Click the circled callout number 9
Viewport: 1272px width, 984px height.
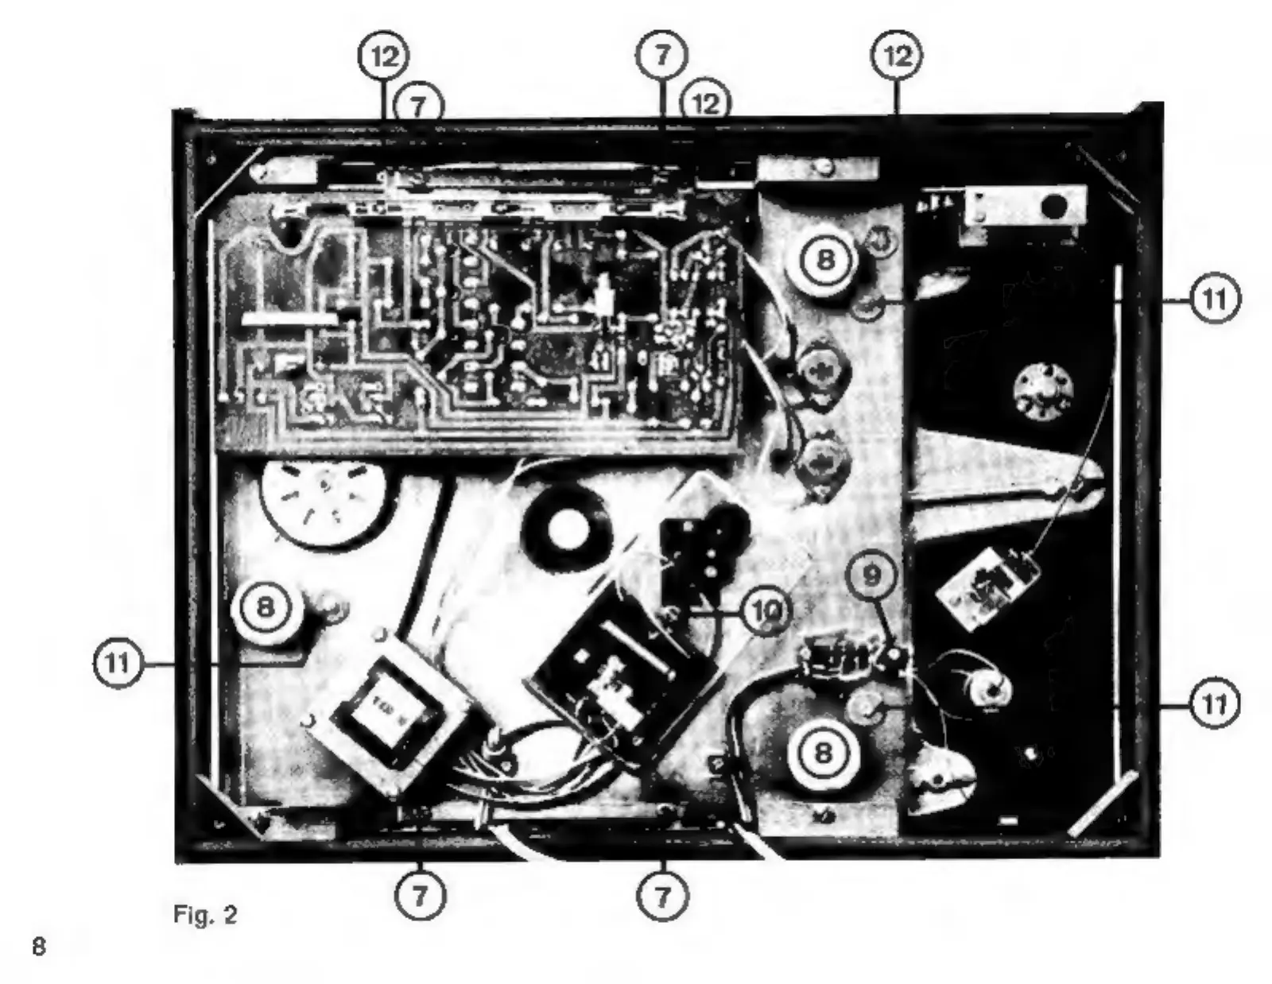point(872,575)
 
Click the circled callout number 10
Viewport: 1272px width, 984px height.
point(766,610)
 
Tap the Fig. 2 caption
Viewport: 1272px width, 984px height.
point(205,915)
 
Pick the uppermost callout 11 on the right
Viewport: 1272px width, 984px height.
point(1214,300)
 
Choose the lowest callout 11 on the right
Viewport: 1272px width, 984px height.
point(1214,703)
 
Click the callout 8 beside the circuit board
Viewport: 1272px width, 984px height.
point(826,259)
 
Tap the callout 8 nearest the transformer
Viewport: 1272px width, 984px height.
point(265,608)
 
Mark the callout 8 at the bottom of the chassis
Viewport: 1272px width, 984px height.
point(824,751)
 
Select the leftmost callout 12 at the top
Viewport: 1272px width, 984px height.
point(384,56)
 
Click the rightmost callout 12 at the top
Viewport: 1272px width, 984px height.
point(898,56)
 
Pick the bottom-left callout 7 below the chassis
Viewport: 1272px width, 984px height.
point(420,896)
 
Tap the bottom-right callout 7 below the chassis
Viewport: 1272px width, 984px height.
point(662,896)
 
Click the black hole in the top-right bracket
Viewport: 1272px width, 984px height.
point(1054,207)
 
